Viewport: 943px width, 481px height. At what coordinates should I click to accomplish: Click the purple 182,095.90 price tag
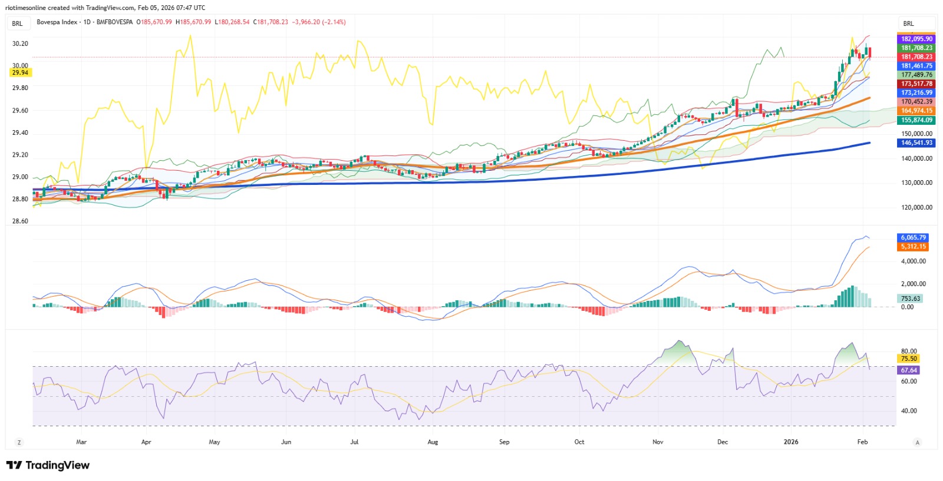(916, 39)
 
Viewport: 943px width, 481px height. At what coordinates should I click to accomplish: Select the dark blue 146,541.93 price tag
(916, 143)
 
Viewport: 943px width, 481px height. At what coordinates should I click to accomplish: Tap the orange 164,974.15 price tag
(916, 111)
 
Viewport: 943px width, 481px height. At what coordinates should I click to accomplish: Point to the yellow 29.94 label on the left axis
(20, 73)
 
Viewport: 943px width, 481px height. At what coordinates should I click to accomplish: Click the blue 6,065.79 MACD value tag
(913, 238)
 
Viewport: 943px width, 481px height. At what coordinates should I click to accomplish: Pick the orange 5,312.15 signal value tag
(913, 247)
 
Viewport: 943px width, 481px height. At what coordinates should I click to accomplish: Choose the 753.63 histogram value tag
(910, 298)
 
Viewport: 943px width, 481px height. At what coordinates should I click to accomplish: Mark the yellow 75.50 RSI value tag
(908, 359)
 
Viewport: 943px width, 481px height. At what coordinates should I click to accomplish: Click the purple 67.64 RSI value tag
(908, 370)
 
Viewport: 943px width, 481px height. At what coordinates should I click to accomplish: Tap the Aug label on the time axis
(433, 442)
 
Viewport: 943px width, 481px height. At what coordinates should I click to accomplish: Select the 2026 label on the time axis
(790, 442)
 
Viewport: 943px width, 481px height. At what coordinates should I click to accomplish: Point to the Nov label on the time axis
(658, 442)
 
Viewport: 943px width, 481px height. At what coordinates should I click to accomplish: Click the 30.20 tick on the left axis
(20, 44)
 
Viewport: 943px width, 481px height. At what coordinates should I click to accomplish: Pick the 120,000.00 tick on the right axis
(915, 207)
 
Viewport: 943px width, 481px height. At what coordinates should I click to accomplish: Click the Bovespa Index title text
(57, 22)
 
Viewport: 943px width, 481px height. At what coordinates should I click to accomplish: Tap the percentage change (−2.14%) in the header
(334, 22)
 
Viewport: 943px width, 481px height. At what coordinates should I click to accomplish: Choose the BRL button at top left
(18, 24)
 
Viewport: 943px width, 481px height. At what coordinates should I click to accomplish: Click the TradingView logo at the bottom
(48, 465)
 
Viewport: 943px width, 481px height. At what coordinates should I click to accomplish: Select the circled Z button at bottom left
(19, 442)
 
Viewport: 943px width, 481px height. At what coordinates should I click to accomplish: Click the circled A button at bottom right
(918, 442)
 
